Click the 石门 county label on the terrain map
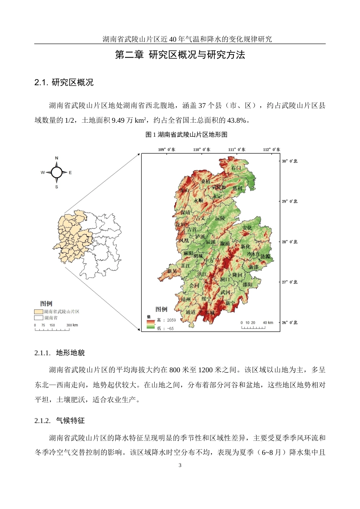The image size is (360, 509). (x=236, y=168)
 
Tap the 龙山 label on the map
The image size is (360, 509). (x=184, y=190)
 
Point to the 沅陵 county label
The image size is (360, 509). (x=220, y=219)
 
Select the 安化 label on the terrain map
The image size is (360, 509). (x=247, y=228)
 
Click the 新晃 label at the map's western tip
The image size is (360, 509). (x=172, y=271)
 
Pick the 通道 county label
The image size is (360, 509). (x=191, y=312)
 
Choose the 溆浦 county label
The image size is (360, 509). (x=225, y=244)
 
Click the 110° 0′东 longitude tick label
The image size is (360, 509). (x=202, y=150)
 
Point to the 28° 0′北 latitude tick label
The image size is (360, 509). (x=290, y=242)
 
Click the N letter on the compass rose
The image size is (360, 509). (x=57, y=158)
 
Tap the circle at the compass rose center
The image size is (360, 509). (x=56, y=173)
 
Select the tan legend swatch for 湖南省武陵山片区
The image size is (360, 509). (x=38, y=312)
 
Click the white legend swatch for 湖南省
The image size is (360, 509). (x=38, y=318)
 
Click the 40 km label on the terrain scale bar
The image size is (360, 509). (x=268, y=323)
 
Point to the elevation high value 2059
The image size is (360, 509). (x=171, y=320)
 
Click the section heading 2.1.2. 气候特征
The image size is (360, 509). (x=59, y=421)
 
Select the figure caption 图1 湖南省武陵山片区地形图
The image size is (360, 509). (x=186, y=134)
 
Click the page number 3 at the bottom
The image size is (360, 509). (x=180, y=465)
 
